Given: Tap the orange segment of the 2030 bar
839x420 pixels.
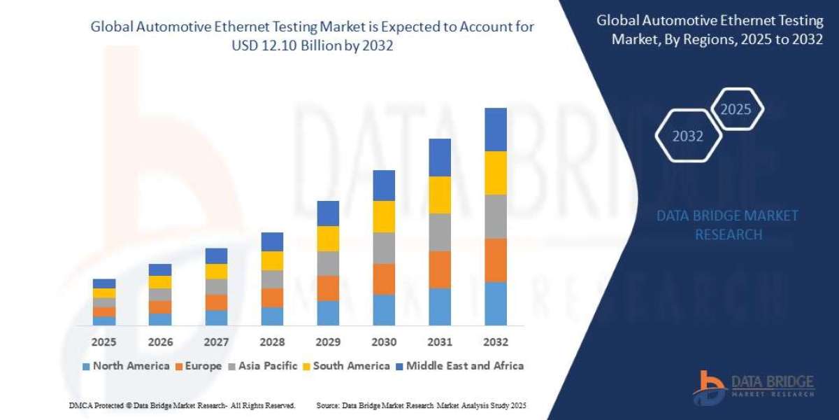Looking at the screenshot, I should [x=383, y=279].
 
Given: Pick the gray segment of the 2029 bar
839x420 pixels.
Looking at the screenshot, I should [x=327, y=263].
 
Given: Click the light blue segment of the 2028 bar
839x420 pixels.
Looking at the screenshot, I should [x=272, y=316].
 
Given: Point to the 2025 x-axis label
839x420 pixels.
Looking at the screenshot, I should [x=104, y=342].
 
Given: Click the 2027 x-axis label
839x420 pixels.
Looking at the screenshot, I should [x=216, y=342].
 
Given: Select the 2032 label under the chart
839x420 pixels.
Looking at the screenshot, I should [x=495, y=342].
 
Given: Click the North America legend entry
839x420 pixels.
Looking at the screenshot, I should [x=126, y=365].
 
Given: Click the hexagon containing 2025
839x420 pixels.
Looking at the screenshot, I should [x=736, y=109].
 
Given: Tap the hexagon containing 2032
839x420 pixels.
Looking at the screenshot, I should [x=688, y=136].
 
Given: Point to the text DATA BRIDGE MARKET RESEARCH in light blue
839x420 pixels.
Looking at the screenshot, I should [x=727, y=225].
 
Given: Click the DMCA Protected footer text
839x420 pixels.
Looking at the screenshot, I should [x=182, y=405].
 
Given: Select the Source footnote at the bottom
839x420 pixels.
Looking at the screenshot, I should [x=421, y=405].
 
